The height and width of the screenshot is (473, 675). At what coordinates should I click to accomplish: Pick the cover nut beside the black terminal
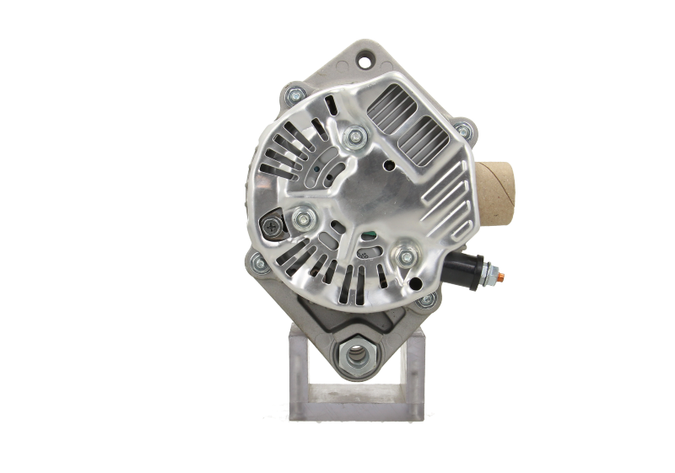[410, 252]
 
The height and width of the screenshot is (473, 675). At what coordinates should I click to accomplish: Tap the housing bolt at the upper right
[462, 131]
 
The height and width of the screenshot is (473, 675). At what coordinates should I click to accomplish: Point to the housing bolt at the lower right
[428, 300]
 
